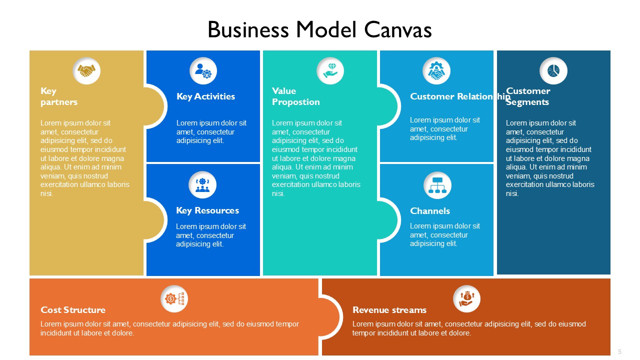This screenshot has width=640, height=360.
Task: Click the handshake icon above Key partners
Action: click(x=86, y=71)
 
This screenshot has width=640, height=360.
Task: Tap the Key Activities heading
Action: click(x=205, y=96)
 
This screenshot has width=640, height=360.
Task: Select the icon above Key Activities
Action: click(x=203, y=71)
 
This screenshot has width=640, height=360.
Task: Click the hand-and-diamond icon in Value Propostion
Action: click(x=330, y=71)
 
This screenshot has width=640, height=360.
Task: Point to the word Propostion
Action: click(x=295, y=102)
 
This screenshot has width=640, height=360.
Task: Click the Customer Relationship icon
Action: click(x=436, y=71)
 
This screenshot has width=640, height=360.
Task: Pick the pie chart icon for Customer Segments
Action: click(x=553, y=71)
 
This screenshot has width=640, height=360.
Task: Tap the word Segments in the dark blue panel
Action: click(x=527, y=102)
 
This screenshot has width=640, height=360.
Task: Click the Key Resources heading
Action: click(x=207, y=210)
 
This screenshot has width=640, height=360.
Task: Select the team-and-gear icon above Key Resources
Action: click(x=202, y=185)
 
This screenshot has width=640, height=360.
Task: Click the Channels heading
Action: click(x=430, y=211)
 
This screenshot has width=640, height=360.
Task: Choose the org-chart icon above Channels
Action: click(x=437, y=185)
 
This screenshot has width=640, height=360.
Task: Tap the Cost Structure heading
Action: click(x=73, y=310)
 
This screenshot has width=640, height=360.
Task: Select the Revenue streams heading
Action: click(x=389, y=310)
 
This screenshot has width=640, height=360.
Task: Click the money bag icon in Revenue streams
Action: click(x=466, y=299)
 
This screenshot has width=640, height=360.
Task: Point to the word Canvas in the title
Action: click(x=398, y=29)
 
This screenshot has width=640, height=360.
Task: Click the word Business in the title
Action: click(x=248, y=29)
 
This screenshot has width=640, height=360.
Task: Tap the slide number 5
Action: click(x=619, y=351)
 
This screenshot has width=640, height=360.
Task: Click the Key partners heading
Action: click(x=59, y=96)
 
